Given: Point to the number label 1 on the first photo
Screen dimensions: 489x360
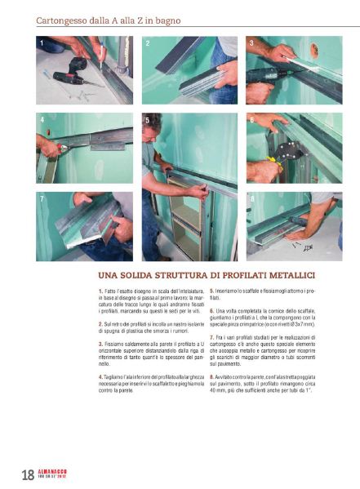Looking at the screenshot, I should [41, 42].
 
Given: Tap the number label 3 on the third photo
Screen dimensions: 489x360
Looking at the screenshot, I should [251, 42].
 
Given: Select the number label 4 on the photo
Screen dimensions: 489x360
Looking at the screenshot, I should [41, 119].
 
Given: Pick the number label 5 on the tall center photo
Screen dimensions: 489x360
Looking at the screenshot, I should [147, 119].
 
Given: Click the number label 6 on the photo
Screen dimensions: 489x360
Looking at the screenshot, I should [251, 119].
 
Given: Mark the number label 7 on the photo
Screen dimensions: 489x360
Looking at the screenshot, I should [41, 198].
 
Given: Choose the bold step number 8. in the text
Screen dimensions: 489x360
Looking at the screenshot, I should [212, 376].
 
